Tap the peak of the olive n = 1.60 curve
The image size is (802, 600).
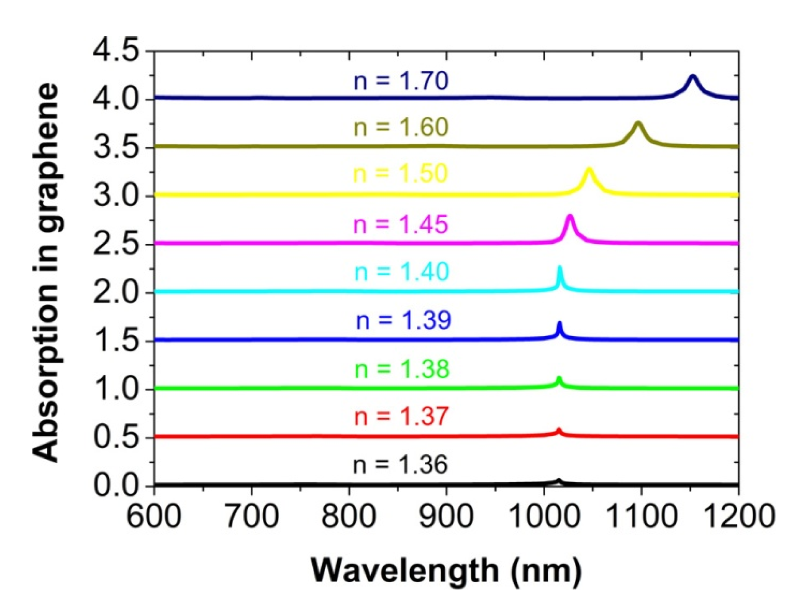638,124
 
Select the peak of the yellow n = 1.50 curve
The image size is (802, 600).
589,170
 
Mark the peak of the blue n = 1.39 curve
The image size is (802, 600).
559,324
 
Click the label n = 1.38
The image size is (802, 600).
402,369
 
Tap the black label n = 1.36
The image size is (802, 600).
400,464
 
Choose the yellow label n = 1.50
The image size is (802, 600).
400,173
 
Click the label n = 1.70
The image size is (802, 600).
401,81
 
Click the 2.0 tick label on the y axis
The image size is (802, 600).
116,293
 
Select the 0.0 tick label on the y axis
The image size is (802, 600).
116,485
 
